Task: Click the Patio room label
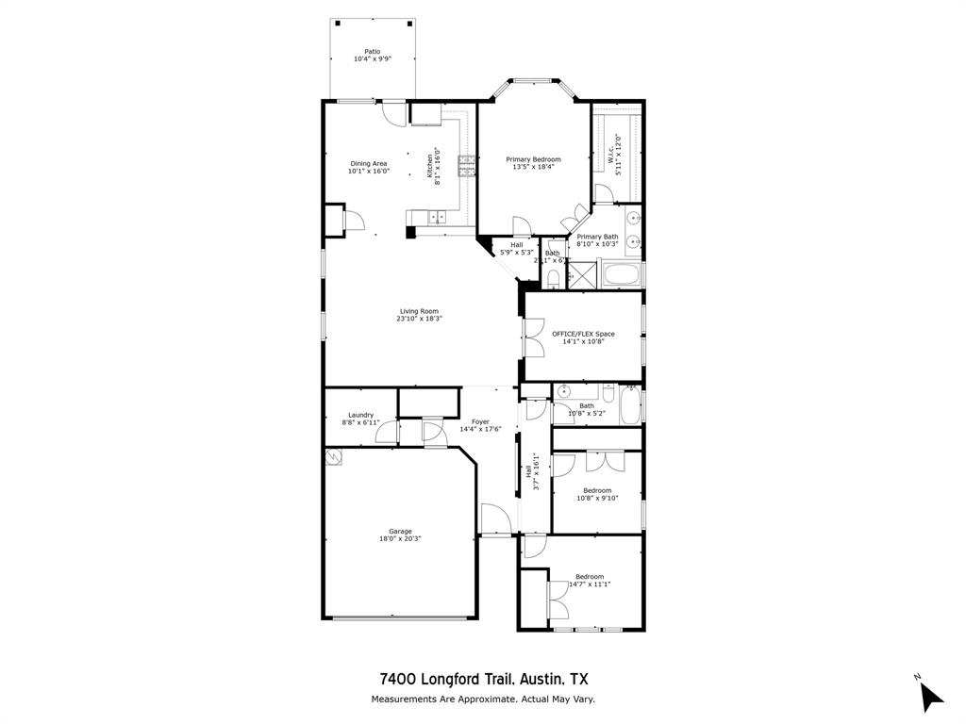coord(372,52)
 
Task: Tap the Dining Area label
coord(368,163)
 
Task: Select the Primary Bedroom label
coord(533,159)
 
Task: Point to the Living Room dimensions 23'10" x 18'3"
coord(419,319)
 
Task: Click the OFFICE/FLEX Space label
coord(583,334)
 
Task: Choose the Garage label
coord(400,532)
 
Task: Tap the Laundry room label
coord(360,415)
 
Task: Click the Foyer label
coord(480,421)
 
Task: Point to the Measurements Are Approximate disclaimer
coord(482,699)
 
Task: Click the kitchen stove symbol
coord(466,166)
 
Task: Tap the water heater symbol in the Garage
coord(332,457)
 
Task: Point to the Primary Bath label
coord(597,237)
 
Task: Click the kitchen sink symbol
coord(437,218)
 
